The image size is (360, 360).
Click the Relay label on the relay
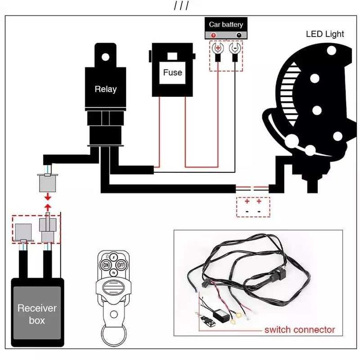[x=105, y=89]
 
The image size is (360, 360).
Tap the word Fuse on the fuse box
[x=172, y=73]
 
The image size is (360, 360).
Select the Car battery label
[x=226, y=24]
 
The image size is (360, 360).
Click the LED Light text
[x=325, y=34]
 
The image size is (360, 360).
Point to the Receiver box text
[x=37, y=314]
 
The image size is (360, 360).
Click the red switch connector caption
[x=299, y=330]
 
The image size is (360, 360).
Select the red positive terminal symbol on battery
[x=213, y=35]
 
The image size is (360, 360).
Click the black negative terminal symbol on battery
[x=238, y=35]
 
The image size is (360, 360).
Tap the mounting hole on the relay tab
[x=105, y=52]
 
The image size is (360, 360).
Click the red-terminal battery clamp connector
[x=218, y=51]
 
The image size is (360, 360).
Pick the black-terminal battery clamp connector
[x=235, y=51]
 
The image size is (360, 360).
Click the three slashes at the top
[x=181, y=6]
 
